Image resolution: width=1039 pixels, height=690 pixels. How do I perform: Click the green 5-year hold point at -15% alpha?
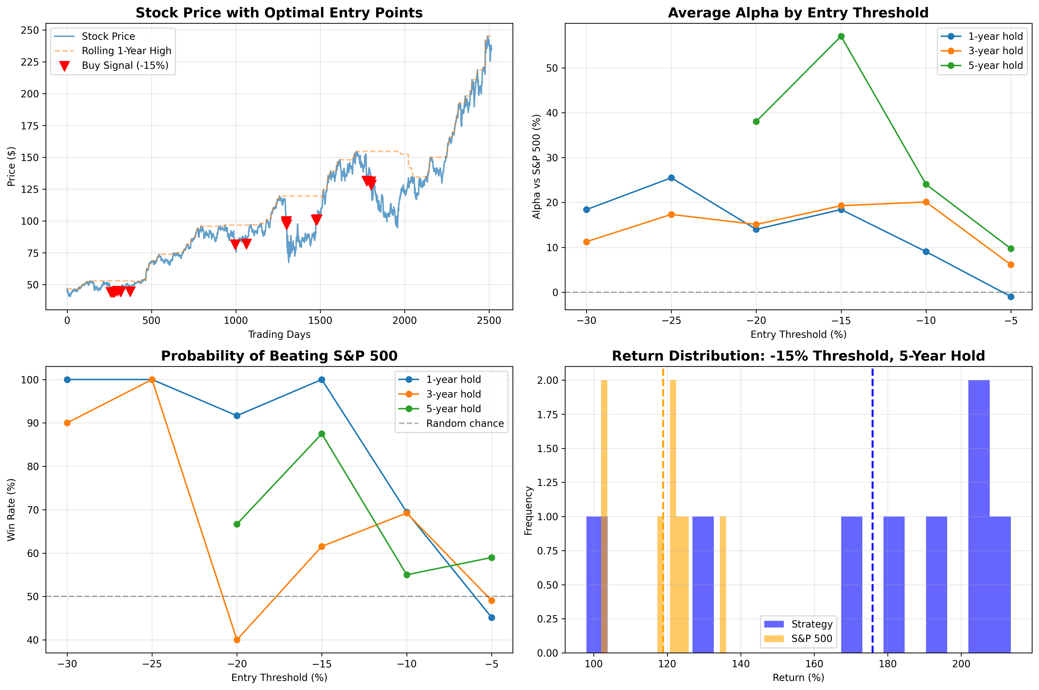point(841,36)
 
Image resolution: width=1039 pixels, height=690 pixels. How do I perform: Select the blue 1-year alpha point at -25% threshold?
point(671,178)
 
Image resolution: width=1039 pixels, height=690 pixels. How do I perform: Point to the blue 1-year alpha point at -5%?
point(1011,297)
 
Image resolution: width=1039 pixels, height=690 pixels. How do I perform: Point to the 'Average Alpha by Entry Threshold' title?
point(798,13)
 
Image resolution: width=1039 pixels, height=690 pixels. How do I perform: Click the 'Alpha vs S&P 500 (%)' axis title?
point(536,166)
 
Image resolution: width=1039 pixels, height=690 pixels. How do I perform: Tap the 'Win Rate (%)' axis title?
point(11,509)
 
